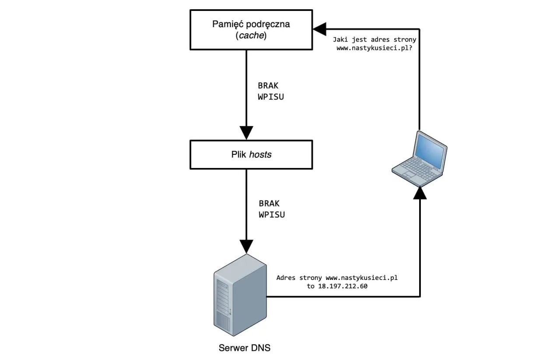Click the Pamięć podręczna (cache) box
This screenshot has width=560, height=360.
coord(251,30)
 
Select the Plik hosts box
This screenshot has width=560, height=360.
coord(251,154)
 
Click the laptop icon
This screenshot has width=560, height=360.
coord(419,157)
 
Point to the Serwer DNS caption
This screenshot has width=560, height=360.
coord(245,348)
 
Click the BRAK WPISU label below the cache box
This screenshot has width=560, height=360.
coord(271,91)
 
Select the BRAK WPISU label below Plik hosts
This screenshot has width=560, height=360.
coord(272,209)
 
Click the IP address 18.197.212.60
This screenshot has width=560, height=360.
coord(343,287)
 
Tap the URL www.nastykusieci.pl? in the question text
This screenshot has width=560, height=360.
coord(376,49)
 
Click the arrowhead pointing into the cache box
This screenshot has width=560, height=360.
coord(319,29)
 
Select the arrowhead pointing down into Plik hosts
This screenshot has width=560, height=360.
coord(246,132)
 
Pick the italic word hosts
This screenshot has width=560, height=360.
coord(260,154)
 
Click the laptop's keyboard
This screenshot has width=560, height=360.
coord(413,168)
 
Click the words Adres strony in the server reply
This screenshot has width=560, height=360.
coord(300,278)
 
